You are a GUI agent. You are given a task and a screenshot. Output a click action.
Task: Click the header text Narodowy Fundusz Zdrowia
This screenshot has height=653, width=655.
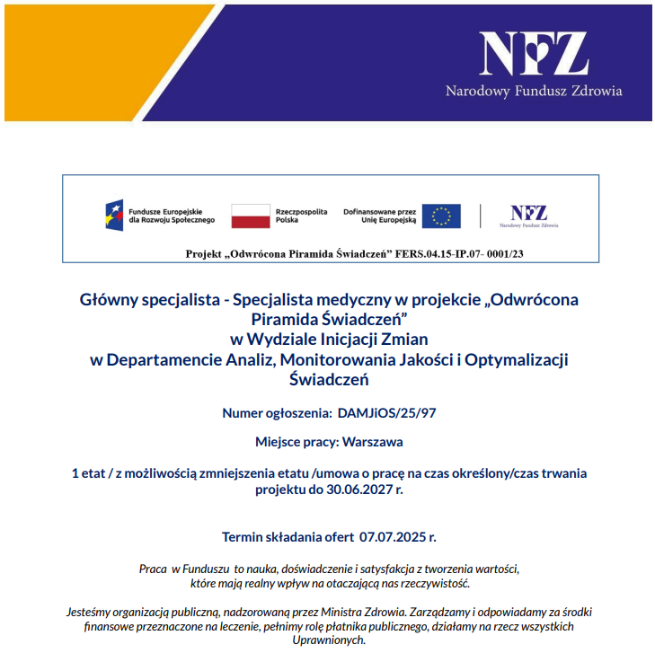[x=534, y=91]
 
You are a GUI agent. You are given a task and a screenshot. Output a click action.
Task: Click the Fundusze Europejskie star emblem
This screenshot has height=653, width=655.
[x=115, y=216]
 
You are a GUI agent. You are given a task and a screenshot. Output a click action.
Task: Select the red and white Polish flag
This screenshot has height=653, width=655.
[x=251, y=216]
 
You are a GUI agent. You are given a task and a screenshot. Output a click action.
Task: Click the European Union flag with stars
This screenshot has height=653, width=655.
[x=441, y=216]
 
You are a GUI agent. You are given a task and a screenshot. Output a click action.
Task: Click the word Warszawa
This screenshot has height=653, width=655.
[x=379, y=442]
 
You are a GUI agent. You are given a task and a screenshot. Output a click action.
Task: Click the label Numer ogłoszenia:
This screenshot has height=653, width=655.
[x=277, y=413]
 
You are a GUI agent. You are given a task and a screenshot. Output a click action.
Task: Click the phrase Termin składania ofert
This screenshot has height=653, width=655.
[x=288, y=537]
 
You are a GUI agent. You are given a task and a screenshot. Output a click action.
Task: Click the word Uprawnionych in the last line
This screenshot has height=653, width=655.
[x=329, y=640]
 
